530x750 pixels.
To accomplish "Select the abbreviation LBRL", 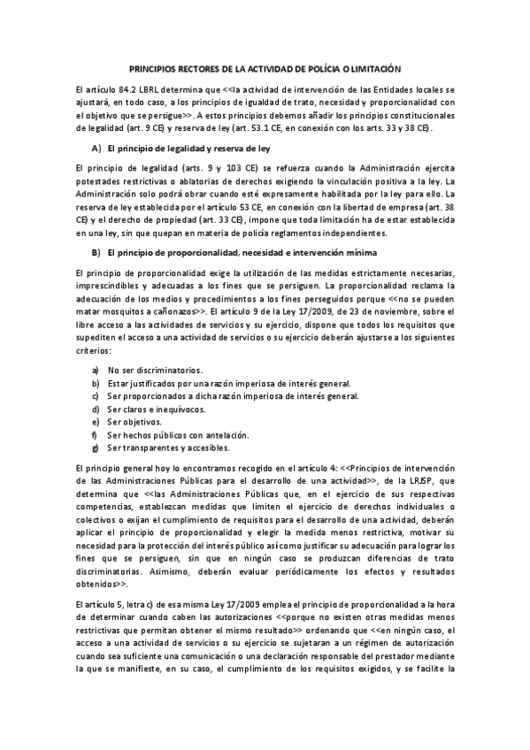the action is [149, 90].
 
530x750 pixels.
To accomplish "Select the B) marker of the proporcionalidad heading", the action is [96, 253].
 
